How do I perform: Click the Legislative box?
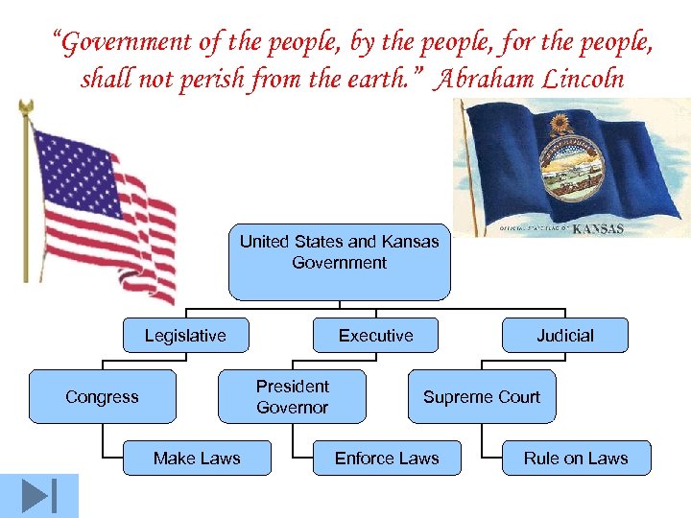pos(185,336)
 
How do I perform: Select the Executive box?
pos(375,336)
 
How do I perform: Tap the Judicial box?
pos(565,336)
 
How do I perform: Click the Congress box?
pos(102,397)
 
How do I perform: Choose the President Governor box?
pos(293,397)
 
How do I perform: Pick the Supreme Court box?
pos(482,397)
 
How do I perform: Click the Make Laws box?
pos(197,459)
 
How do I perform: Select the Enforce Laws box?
pos(387,459)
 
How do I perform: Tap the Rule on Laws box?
pos(576,459)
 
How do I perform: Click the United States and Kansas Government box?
pos(339,262)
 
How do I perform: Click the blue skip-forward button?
pos(38,496)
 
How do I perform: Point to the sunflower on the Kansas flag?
pos(559,125)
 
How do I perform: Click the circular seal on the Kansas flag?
pos(566,162)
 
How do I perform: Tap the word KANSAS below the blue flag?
pos(598,229)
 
